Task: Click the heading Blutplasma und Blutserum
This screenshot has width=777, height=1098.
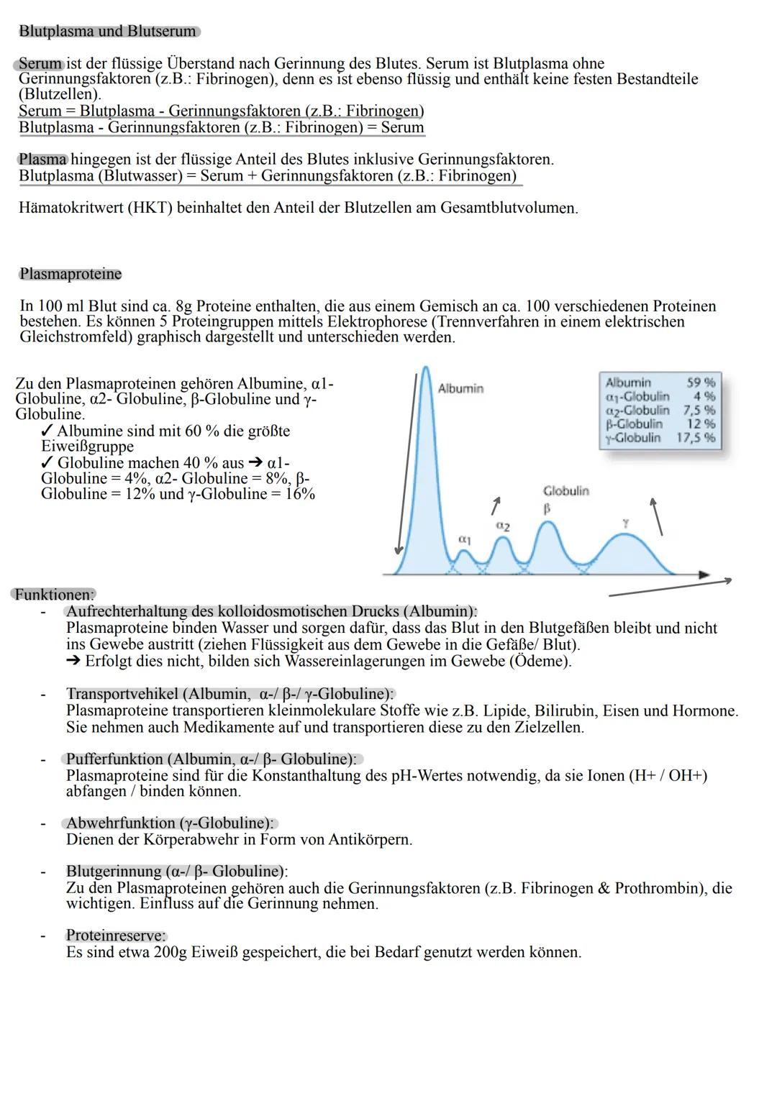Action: point(108,32)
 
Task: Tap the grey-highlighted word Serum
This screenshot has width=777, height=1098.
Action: point(40,63)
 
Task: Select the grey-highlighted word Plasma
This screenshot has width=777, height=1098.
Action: point(43,159)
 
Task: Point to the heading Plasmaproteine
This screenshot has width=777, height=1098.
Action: point(71,274)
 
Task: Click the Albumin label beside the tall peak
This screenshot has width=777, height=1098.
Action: point(460,388)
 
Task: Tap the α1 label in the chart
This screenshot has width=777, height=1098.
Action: point(465,539)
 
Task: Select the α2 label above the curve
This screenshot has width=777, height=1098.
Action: point(503,526)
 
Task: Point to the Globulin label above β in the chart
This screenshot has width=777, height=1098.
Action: point(565,491)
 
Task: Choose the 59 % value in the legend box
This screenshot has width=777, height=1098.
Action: point(701,383)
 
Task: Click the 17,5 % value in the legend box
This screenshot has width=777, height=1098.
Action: point(696,437)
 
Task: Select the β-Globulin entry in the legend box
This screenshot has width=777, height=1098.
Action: point(634,424)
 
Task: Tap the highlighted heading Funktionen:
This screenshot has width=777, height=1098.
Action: point(54,595)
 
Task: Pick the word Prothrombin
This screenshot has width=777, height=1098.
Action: point(660,888)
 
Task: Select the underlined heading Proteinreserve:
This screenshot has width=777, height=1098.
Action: point(116,935)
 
